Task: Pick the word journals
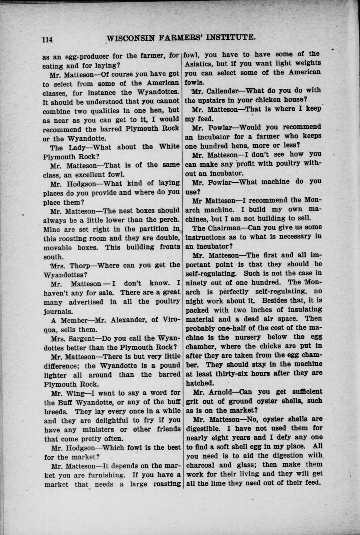[59, 311]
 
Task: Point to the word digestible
[204, 428]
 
